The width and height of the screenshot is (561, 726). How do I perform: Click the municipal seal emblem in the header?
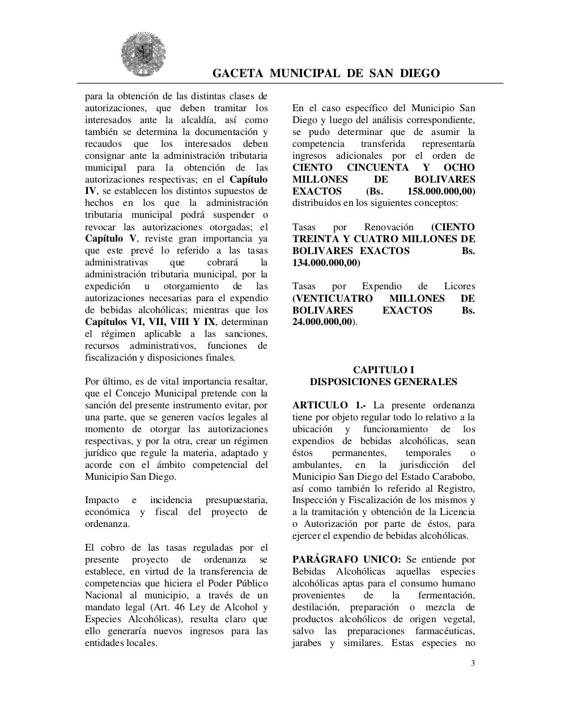[135, 54]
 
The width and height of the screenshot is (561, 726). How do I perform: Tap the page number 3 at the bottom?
[473, 664]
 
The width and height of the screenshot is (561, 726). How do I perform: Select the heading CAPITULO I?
[384, 370]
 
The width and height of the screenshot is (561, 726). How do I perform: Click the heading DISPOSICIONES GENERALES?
[384, 382]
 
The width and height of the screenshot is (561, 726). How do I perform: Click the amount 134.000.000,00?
[325, 263]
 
